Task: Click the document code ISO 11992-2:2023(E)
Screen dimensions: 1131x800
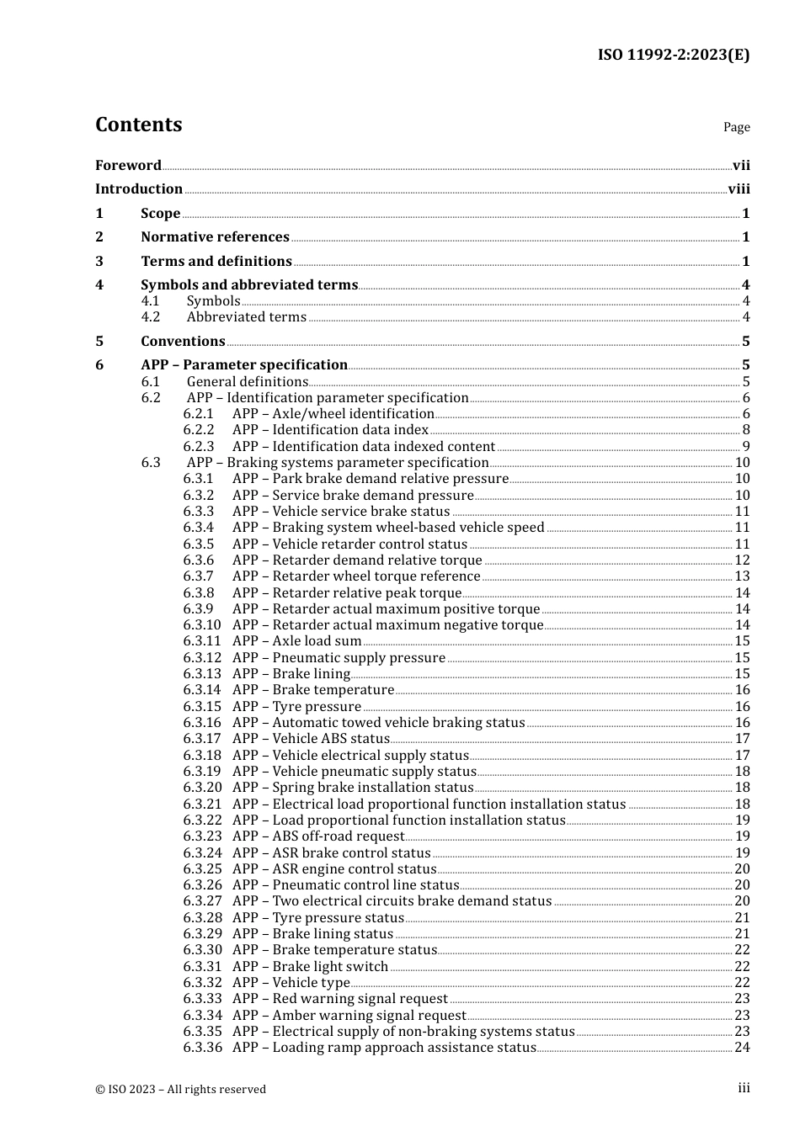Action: tap(673, 55)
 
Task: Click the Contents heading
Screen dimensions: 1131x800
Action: tap(138, 125)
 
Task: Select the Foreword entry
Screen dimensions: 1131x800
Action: tap(128, 165)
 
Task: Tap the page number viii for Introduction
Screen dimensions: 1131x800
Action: tap(739, 189)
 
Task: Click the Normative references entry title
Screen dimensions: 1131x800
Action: tap(215, 237)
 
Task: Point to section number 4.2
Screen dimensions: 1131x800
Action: tap(151, 317)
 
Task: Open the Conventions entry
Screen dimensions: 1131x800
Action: tap(183, 342)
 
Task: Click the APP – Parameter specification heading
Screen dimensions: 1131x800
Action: tap(244, 365)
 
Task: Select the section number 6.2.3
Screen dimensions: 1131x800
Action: tap(199, 447)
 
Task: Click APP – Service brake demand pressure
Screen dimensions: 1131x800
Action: tap(353, 496)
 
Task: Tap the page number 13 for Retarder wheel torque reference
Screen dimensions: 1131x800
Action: tap(742, 576)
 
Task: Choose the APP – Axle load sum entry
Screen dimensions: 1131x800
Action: tap(296, 641)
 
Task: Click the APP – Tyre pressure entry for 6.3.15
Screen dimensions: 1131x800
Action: tap(296, 707)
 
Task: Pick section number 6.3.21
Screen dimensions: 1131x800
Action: tap(202, 804)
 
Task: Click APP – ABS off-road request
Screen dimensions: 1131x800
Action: tap(318, 836)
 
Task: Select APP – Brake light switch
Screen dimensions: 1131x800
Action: tap(310, 967)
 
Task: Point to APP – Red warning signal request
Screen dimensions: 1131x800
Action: tap(340, 999)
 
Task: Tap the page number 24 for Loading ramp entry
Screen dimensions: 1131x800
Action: tap(742, 1048)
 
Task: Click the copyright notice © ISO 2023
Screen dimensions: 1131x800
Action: tap(180, 1089)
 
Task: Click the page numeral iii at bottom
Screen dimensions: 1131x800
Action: tap(744, 1088)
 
